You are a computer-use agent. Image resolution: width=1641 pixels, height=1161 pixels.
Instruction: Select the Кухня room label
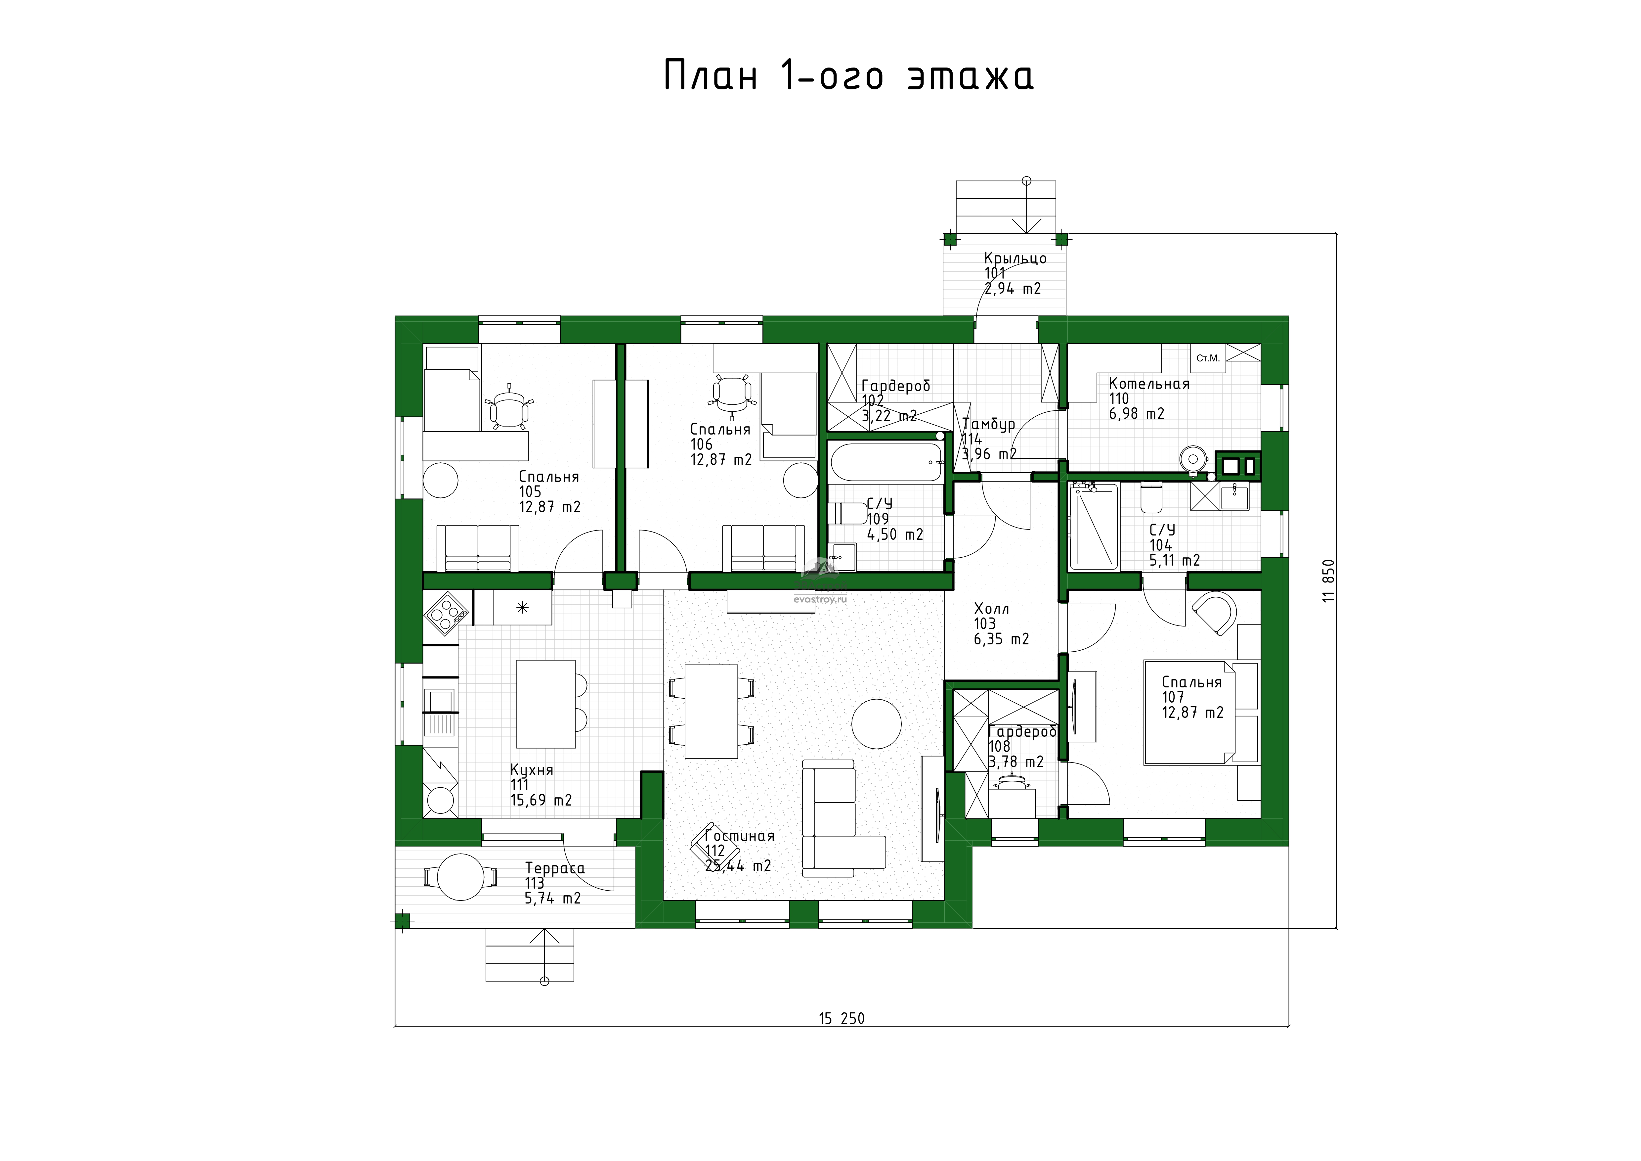[532, 770]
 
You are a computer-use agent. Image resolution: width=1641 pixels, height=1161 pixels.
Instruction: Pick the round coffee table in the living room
[876, 723]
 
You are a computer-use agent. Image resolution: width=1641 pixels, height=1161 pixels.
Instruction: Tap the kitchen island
[546, 704]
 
